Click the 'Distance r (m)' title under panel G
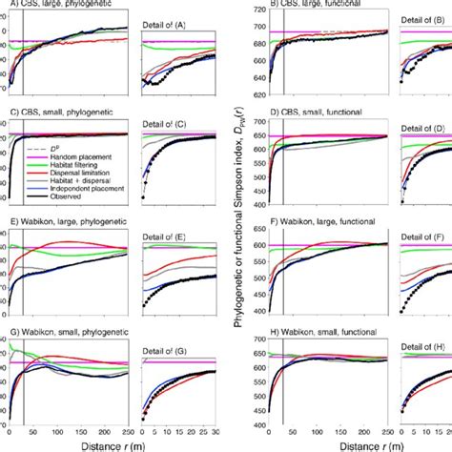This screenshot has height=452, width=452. point(72,443)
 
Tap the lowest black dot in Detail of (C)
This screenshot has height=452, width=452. point(143,197)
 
